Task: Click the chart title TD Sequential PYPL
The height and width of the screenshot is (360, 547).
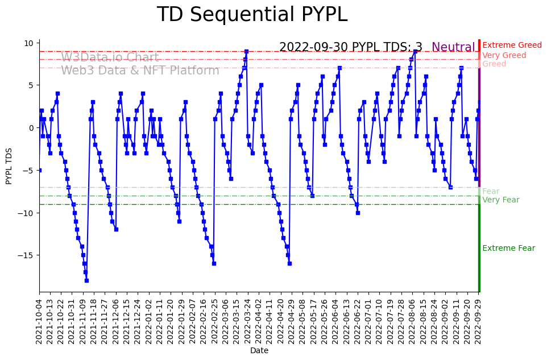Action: point(252,15)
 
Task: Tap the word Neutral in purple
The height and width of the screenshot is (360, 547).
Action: point(453,48)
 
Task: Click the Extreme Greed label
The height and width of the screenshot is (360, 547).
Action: point(512,45)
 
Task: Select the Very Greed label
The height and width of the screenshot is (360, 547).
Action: point(504,56)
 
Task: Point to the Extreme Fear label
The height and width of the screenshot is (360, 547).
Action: point(508,249)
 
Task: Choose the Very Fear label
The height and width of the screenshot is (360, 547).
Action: point(500,200)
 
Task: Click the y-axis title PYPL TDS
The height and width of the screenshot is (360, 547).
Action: point(9,165)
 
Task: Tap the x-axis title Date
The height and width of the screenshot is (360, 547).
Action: point(259,351)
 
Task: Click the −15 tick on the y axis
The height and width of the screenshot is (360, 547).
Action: point(26,255)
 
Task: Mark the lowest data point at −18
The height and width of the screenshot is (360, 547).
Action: point(86,280)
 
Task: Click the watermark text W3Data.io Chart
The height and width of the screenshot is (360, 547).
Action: point(110,58)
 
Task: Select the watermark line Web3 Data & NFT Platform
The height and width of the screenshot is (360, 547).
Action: point(140,71)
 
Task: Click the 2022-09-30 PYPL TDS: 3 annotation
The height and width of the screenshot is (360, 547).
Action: point(350,48)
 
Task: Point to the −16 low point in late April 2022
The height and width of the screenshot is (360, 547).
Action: point(289,263)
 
